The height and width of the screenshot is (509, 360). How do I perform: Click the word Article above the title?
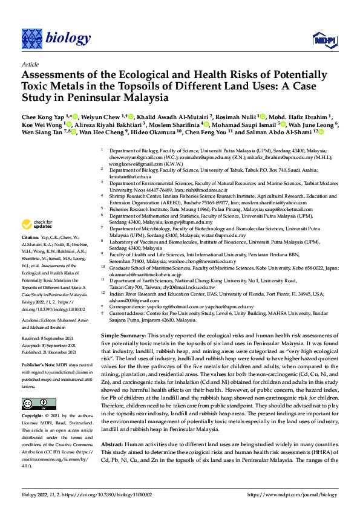30,63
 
